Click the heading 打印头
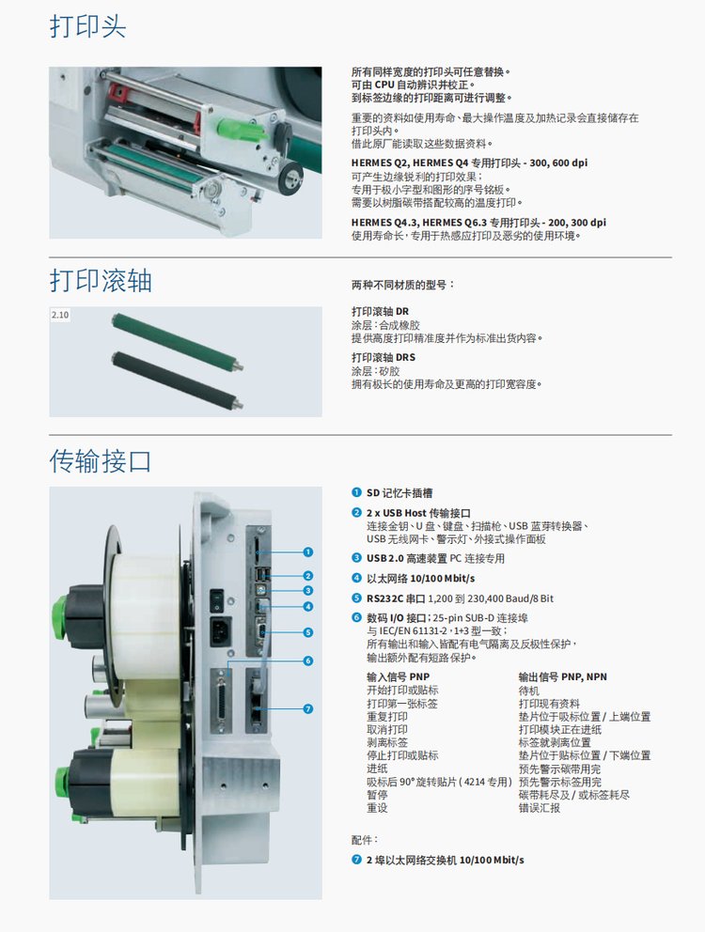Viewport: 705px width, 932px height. (x=87, y=26)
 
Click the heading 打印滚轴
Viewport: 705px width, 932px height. (x=101, y=281)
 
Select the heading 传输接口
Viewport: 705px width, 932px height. (x=101, y=460)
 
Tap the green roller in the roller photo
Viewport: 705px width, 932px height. (x=178, y=342)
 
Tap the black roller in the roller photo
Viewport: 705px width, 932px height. (x=178, y=380)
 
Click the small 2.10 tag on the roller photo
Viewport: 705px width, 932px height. (x=59, y=315)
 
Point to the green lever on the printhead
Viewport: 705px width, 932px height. (x=241, y=129)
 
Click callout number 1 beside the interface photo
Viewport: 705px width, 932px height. (x=307, y=552)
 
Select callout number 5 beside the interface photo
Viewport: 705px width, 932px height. (x=307, y=632)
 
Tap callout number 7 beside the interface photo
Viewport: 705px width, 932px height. (x=307, y=708)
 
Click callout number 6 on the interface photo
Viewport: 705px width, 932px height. (x=307, y=661)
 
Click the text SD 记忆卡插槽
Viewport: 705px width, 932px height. (x=399, y=492)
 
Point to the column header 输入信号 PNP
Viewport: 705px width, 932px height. (x=398, y=676)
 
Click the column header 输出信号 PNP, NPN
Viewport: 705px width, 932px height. (x=563, y=676)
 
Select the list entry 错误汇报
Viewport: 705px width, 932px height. (x=539, y=808)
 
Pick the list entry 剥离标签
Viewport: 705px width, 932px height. (x=387, y=742)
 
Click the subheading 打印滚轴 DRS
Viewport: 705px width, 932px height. (x=384, y=357)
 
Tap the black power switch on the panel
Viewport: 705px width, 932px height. (x=218, y=601)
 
